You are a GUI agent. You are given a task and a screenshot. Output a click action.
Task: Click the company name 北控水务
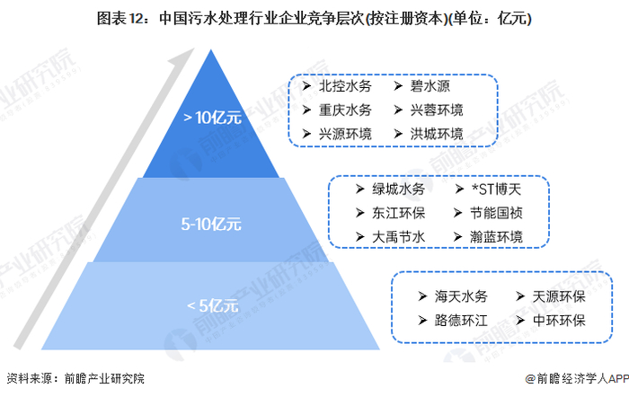point(345,87)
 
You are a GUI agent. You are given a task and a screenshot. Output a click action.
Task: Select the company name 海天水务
point(461,296)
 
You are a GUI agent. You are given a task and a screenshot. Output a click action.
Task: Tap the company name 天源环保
point(558,296)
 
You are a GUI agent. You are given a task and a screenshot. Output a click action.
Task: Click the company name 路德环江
point(461,320)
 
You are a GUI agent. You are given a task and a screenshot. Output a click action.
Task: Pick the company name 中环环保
point(558,320)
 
